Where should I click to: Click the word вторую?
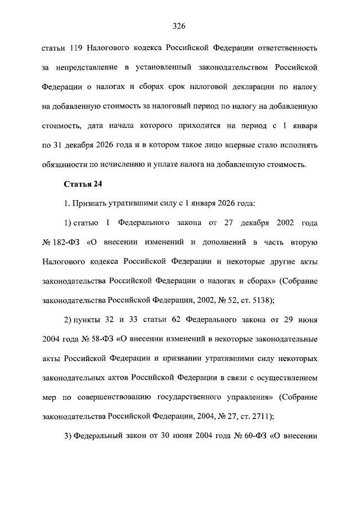pos(304,242)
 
